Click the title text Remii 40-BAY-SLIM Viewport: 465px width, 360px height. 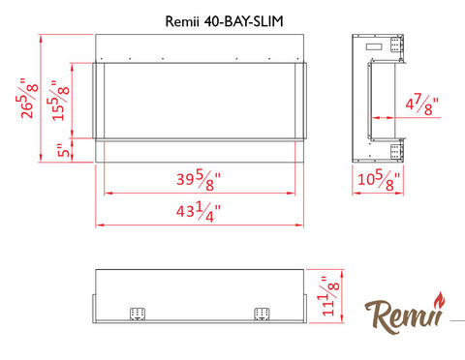click(x=225, y=21)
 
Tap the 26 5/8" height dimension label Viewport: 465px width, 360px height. click(x=27, y=98)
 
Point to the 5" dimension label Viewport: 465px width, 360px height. click(x=64, y=150)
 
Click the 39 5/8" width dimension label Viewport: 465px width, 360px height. click(x=199, y=180)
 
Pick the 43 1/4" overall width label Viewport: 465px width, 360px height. click(x=199, y=212)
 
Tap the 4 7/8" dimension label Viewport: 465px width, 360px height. click(x=422, y=105)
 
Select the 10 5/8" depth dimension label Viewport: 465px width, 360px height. click(x=379, y=180)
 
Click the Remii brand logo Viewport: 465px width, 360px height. click(x=405, y=313)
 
